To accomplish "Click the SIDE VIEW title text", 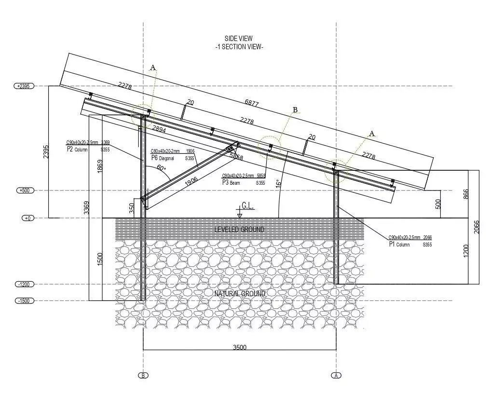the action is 238,39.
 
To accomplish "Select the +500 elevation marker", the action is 24,191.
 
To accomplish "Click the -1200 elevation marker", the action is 24,284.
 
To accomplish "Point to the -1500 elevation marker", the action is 24,301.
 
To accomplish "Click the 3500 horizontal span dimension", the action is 240,347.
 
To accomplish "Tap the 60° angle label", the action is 161,168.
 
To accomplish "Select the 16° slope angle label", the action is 277,183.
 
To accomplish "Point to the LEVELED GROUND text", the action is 239,230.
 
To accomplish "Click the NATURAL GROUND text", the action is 240,293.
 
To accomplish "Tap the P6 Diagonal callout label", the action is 155,158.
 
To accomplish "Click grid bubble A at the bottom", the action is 336,375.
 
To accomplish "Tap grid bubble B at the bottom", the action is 143,375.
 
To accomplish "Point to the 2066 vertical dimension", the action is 477,227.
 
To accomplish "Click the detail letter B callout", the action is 295,110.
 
